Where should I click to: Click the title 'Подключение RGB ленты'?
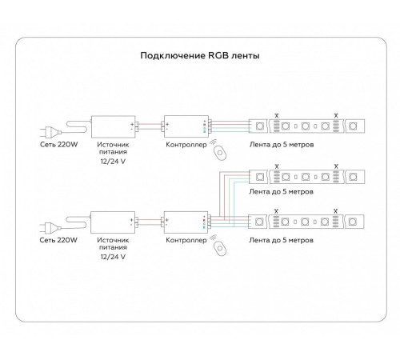(x=200, y=55)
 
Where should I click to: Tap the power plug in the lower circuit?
(x=50, y=228)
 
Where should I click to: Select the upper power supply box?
(x=114, y=126)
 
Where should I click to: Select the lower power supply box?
(x=113, y=222)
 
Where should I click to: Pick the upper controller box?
(x=186, y=126)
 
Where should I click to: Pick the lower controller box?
(x=186, y=222)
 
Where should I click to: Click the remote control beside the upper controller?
(x=220, y=153)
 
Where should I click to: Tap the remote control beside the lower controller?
(x=220, y=249)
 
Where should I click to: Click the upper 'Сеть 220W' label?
(x=59, y=145)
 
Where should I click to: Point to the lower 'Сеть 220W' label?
(x=58, y=240)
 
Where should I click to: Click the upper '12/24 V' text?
(x=113, y=162)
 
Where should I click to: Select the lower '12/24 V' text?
(x=113, y=257)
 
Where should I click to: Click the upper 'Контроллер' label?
(x=186, y=145)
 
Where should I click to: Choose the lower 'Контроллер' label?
(x=186, y=240)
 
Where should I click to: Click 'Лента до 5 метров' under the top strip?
(x=282, y=145)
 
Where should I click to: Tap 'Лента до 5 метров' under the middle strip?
(x=282, y=191)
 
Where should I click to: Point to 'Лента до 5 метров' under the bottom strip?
(x=282, y=240)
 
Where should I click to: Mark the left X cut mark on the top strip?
(x=277, y=115)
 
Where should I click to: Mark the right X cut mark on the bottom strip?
(x=336, y=211)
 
